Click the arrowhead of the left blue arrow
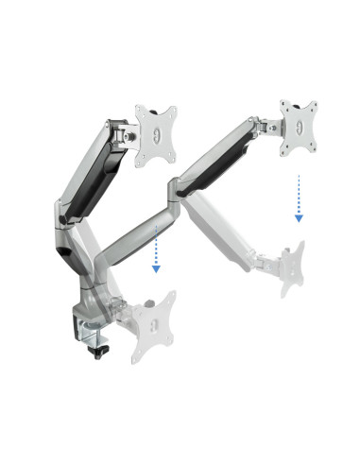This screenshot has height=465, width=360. click(156, 268)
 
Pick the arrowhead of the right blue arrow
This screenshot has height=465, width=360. click(299, 217)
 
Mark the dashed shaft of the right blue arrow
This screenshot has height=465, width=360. click(299, 193)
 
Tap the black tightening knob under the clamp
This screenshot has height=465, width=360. click(101, 351)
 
